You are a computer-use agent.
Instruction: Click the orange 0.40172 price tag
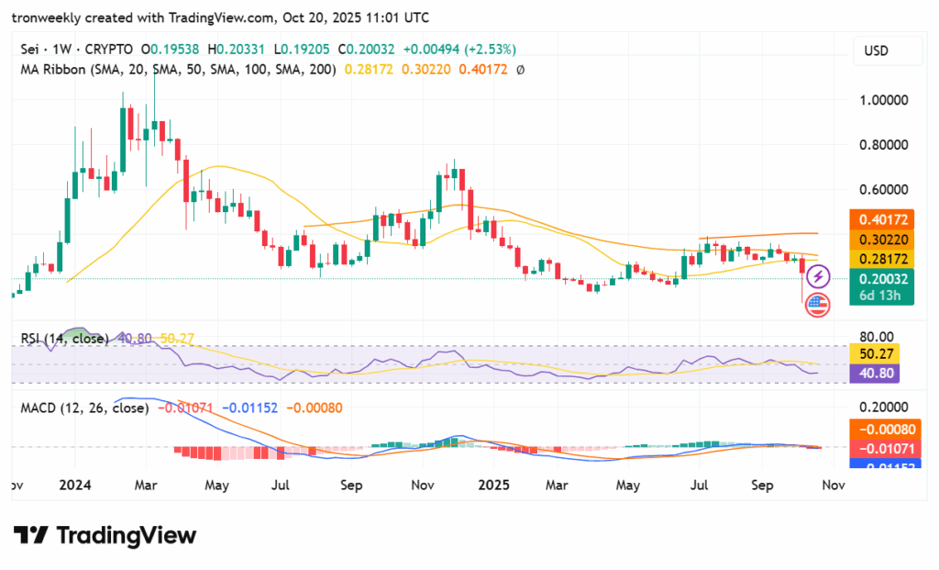(x=883, y=220)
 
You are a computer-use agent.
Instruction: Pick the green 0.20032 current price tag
(x=883, y=280)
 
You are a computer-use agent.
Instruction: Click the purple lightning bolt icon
(x=817, y=275)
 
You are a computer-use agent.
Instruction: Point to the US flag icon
(x=816, y=306)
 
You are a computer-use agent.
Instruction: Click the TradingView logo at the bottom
(x=105, y=535)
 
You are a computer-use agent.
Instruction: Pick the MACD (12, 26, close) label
(x=84, y=408)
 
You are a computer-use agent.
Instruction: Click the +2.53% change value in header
(x=492, y=50)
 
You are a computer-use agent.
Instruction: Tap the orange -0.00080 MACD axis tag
(x=883, y=427)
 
